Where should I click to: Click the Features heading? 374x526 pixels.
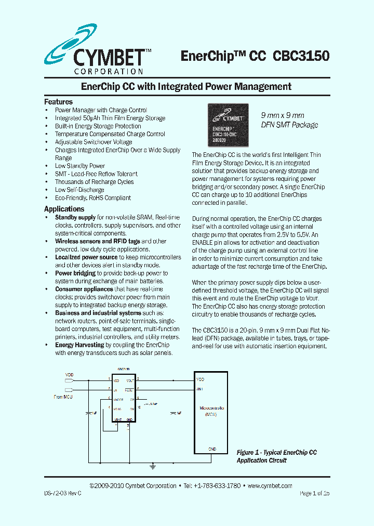[x=58, y=102]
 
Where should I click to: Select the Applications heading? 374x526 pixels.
[x=64, y=209]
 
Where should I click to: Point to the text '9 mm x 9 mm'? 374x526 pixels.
[x=282, y=115]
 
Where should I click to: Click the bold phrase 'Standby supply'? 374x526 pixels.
[x=75, y=218]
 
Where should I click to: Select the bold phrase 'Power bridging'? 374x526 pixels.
[x=75, y=273]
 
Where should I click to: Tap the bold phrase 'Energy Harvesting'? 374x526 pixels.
[x=79, y=345]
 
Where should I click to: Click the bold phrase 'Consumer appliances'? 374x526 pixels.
[x=84, y=290]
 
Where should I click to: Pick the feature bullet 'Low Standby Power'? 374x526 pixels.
[x=80, y=166]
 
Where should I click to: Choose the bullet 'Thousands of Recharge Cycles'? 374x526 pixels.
[x=94, y=182]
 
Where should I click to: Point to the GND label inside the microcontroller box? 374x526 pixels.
[x=212, y=449]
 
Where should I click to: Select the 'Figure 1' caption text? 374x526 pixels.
[x=276, y=456]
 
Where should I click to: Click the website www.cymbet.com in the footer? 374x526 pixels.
[x=270, y=486]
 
